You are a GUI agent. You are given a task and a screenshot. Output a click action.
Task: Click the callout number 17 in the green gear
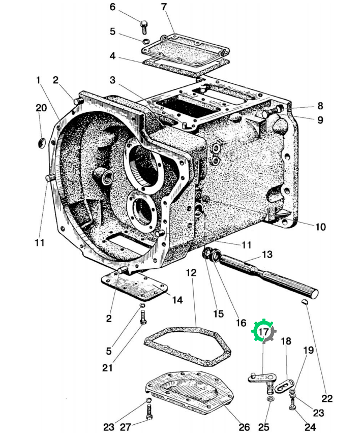point(263,332)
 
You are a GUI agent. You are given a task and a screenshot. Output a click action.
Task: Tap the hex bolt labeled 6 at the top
point(144,27)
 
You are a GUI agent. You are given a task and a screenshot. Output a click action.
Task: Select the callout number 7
point(164,7)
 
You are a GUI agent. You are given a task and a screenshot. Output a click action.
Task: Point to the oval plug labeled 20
point(41,143)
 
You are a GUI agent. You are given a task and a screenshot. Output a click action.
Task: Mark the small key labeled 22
point(306,302)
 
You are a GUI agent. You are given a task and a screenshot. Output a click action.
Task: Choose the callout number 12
point(191,272)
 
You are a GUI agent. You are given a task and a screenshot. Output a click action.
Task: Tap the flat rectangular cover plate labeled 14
point(134,286)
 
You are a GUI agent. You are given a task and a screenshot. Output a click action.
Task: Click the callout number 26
point(244,427)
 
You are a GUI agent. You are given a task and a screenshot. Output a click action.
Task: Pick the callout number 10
point(320,227)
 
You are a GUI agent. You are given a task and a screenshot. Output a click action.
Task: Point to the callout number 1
point(38,80)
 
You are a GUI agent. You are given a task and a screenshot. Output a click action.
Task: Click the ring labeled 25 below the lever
point(270,399)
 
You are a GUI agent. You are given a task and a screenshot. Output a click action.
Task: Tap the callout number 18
point(286,341)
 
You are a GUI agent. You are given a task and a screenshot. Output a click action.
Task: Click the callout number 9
point(320,120)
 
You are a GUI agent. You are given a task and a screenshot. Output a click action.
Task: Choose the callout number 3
point(112,80)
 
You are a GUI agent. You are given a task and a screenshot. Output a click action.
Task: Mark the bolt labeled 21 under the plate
point(143,318)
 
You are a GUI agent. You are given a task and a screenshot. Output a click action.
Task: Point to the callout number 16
point(241,323)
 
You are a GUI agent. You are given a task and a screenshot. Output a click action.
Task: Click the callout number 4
point(112,56)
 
